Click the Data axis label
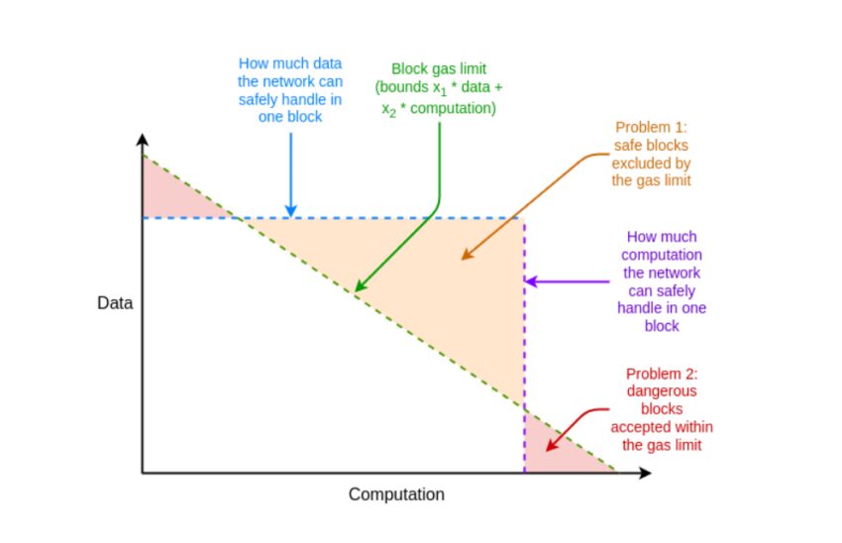click(115, 303)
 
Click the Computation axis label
click(396, 494)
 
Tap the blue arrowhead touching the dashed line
click(291, 210)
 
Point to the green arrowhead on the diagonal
click(361, 285)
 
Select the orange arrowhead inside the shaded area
click(467, 254)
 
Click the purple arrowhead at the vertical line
click(532, 280)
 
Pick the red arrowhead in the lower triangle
click(552, 444)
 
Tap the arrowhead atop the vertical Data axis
click(143, 139)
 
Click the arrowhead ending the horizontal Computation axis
click(646, 473)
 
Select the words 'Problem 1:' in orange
click(651, 127)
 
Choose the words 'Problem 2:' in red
click(662, 374)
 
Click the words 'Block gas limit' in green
click(439, 68)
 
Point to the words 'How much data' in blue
click(290, 63)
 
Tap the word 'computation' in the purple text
click(662, 255)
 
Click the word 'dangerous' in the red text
click(662, 391)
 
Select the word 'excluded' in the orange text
click(651, 163)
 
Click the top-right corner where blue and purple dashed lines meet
click(525, 218)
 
